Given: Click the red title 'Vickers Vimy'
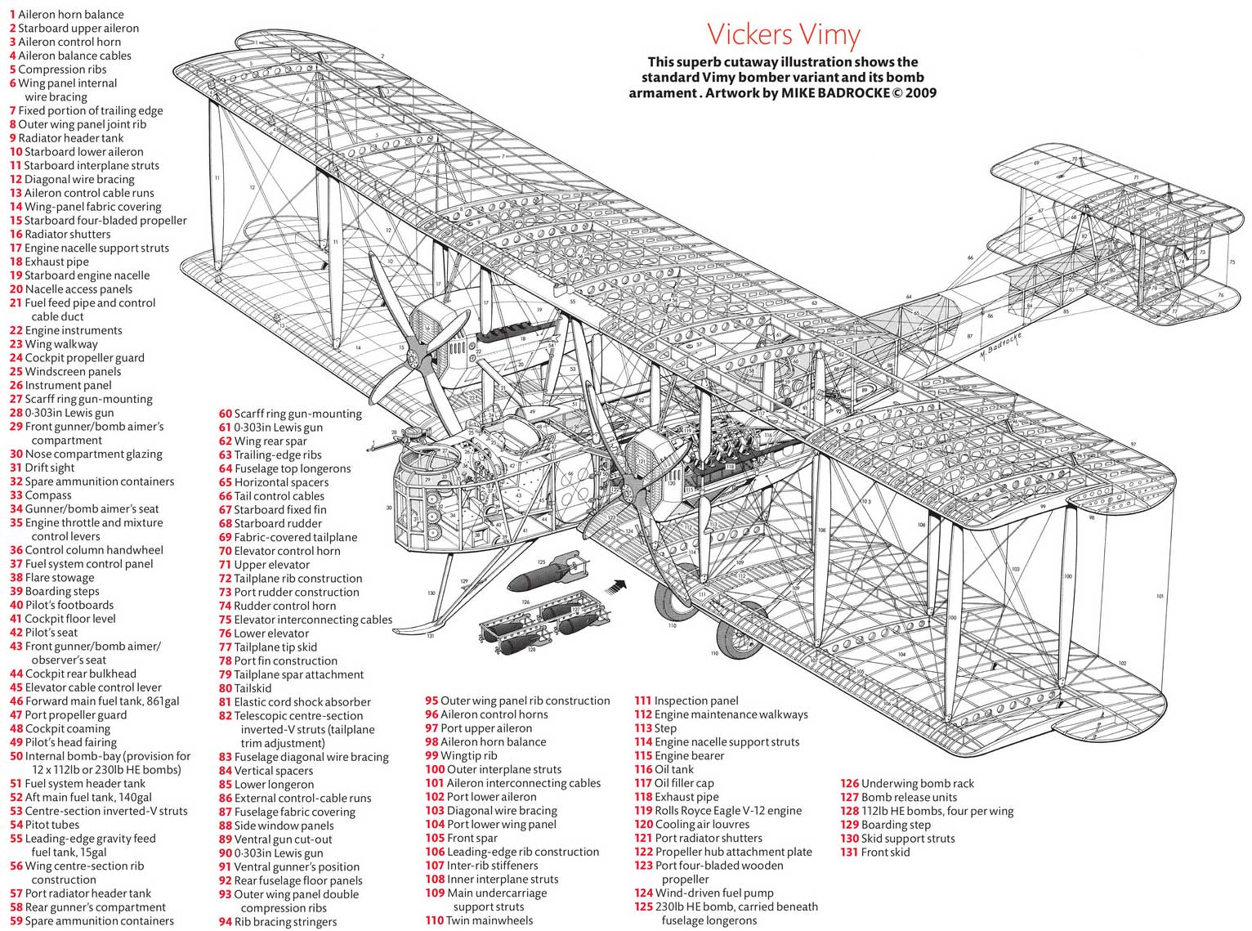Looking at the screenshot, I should (783, 34).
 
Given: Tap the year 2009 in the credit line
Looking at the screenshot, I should (920, 93).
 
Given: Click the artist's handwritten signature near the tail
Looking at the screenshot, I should (999, 347).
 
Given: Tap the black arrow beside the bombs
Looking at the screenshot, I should (616, 586).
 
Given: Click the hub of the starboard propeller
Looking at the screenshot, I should (418, 357).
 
